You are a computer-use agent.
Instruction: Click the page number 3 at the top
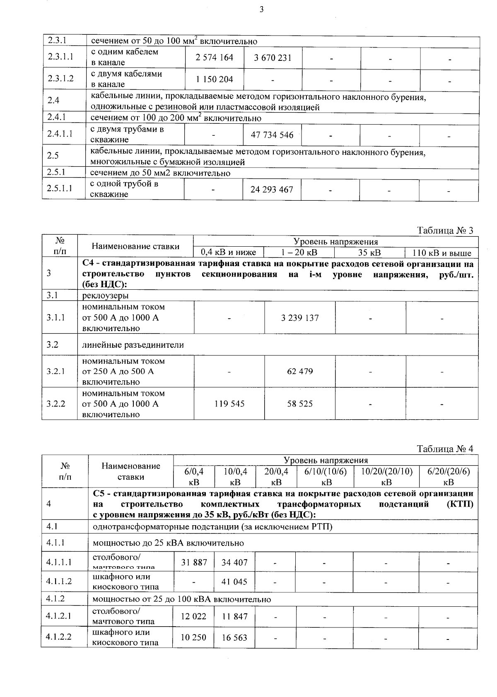[x=261, y=10]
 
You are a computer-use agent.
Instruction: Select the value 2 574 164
[x=215, y=58]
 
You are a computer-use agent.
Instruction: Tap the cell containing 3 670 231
[x=273, y=58]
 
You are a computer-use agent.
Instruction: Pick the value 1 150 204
[x=215, y=79]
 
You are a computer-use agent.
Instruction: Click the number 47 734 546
[x=272, y=135]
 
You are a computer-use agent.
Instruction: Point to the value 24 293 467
[x=272, y=190]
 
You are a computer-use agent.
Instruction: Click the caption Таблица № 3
[x=445, y=231]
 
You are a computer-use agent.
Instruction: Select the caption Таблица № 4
[x=445, y=449]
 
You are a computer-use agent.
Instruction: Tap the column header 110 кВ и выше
[x=442, y=252]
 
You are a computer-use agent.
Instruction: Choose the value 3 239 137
[x=300, y=318]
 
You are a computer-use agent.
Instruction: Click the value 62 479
[x=300, y=371]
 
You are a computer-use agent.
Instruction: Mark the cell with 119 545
[x=229, y=404]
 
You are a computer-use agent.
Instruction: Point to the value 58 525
[x=300, y=404]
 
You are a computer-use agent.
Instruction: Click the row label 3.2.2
[x=56, y=404]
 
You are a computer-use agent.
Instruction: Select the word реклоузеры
[x=105, y=296]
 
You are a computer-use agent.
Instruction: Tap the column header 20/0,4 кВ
[x=276, y=476]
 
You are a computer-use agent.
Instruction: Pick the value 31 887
[x=194, y=562]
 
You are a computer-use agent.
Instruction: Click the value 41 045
[x=234, y=582]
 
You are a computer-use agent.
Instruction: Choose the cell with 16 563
[x=234, y=638]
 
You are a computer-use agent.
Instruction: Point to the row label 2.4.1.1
[x=60, y=134]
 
